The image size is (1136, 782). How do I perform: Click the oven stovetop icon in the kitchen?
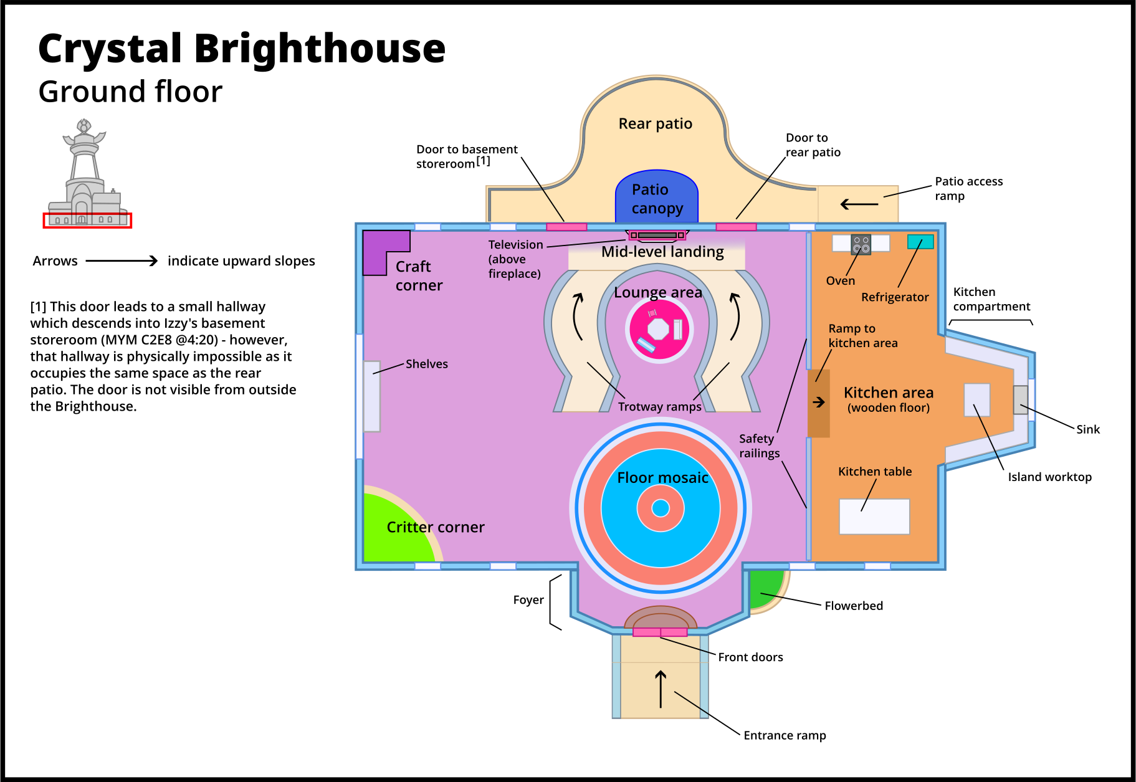861,244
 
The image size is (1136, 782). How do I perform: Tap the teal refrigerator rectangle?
920,242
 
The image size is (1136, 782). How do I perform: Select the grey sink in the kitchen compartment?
1020,400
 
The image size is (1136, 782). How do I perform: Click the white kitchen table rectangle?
874,517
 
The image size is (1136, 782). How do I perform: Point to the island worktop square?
976,400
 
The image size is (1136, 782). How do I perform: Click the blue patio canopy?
656,196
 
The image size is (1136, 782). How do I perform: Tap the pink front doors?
660,632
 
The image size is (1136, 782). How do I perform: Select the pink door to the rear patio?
736,227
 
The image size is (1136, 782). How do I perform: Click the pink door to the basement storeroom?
566,227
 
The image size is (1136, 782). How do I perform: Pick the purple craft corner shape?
378,249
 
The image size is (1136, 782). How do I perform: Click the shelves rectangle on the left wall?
371,396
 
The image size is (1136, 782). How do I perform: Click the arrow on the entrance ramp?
661,689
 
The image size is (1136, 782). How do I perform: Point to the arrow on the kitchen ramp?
819,403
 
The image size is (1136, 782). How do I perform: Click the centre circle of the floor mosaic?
661,508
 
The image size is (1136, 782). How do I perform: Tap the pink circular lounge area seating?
659,329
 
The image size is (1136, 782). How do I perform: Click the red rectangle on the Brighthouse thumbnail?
87,221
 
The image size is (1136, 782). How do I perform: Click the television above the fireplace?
657,235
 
